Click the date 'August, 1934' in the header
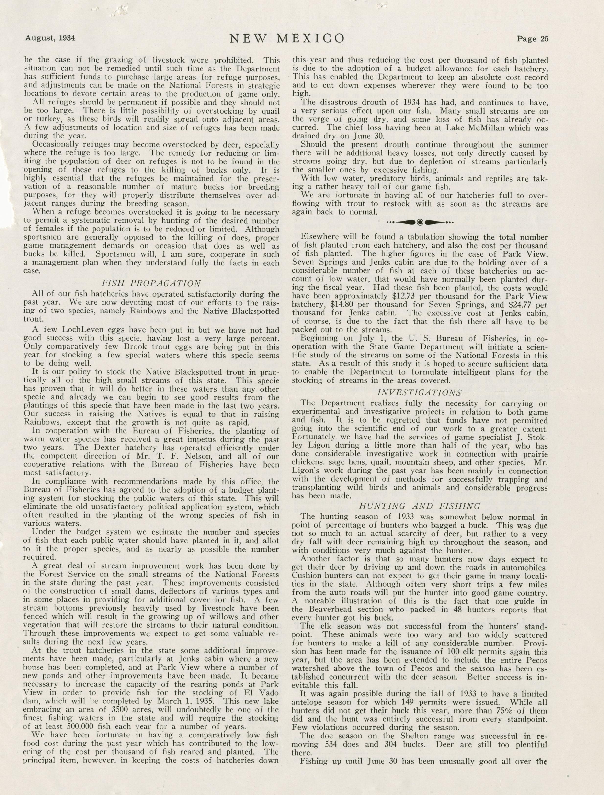pos(50,38)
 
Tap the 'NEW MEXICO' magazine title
pos(287,38)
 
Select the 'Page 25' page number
pos(533,39)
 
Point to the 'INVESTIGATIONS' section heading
pos(420,393)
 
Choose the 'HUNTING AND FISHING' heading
pos(419,507)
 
